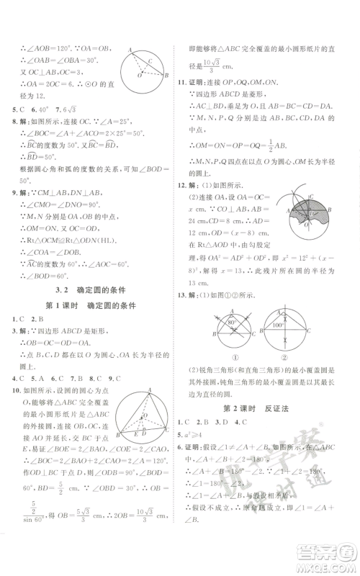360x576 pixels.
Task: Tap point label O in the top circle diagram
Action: [x=146, y=61]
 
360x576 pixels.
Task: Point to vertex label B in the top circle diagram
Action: [x=167, y=75]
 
